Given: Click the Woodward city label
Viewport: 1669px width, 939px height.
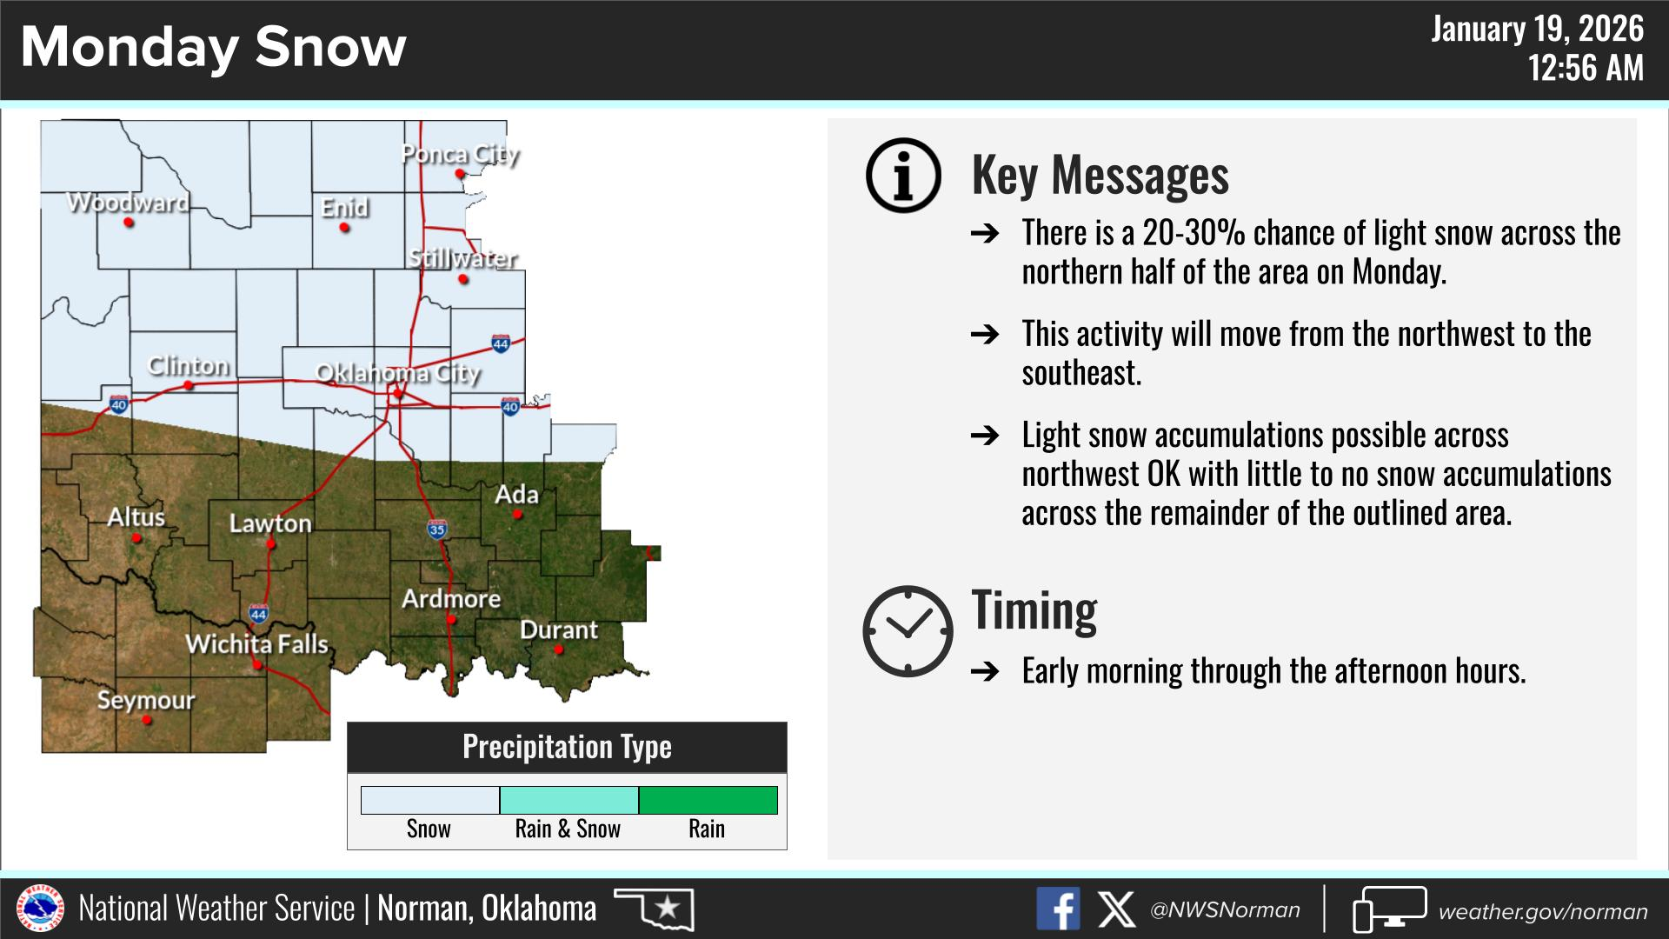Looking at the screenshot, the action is [128, 203].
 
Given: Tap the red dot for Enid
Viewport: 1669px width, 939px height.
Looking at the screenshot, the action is [345, 228].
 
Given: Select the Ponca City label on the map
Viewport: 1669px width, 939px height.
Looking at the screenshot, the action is [460, 155].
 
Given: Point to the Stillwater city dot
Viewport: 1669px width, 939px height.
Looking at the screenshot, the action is [463, 279].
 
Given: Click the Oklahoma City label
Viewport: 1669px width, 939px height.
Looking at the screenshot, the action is [397, 373].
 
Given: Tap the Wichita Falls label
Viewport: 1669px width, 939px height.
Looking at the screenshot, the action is [257, 644].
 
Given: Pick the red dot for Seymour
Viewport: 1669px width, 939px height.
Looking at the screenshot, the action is [147, 720].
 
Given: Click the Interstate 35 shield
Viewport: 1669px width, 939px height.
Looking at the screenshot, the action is [436, 529].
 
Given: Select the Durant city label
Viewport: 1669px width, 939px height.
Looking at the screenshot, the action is [559, 629].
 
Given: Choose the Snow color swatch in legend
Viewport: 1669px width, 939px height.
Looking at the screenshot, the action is [430, 800].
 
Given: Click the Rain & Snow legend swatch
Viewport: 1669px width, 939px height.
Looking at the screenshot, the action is [569, 800].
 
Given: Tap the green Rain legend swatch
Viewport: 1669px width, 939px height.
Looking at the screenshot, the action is [708, 800].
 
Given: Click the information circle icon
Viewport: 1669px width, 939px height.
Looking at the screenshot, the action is [904, 175].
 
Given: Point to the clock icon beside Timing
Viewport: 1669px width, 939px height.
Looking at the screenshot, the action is [908, 631].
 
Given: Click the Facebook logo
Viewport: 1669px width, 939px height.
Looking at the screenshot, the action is [1058, 909].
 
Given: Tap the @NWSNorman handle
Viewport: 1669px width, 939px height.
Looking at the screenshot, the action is [1225, 910].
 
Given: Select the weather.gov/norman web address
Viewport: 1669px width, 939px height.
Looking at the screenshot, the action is [1543, 911].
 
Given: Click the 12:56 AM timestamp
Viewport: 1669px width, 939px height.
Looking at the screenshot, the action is [1586, 67].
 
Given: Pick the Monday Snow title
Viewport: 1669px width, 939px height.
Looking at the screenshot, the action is [214, 47].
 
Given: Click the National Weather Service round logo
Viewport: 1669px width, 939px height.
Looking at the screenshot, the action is [40, 909].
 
